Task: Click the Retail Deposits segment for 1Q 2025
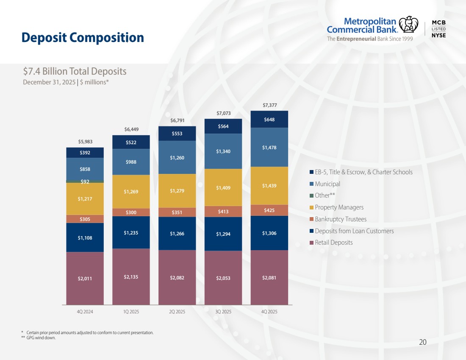coord(131,276)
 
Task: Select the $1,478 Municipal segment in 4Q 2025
coord(269,147)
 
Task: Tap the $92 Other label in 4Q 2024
coord(85,182)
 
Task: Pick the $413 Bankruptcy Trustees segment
coord(223,211)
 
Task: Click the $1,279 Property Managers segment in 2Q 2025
coord(177,190)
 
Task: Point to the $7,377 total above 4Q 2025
coord(269,105)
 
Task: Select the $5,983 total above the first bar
coord(85,142)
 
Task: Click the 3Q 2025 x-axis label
coord(223,312)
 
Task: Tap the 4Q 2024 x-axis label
coord(85,312)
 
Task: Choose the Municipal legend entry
coord(327,184)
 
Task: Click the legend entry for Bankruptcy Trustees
coord(340,219)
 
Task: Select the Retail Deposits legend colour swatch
coord(311,243)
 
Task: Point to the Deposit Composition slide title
coord(83,38)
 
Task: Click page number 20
coord(422,342)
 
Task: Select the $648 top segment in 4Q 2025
coord(269,120)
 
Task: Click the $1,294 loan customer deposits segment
coord(223,234)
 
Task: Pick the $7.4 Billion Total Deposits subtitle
coord(75,71)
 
